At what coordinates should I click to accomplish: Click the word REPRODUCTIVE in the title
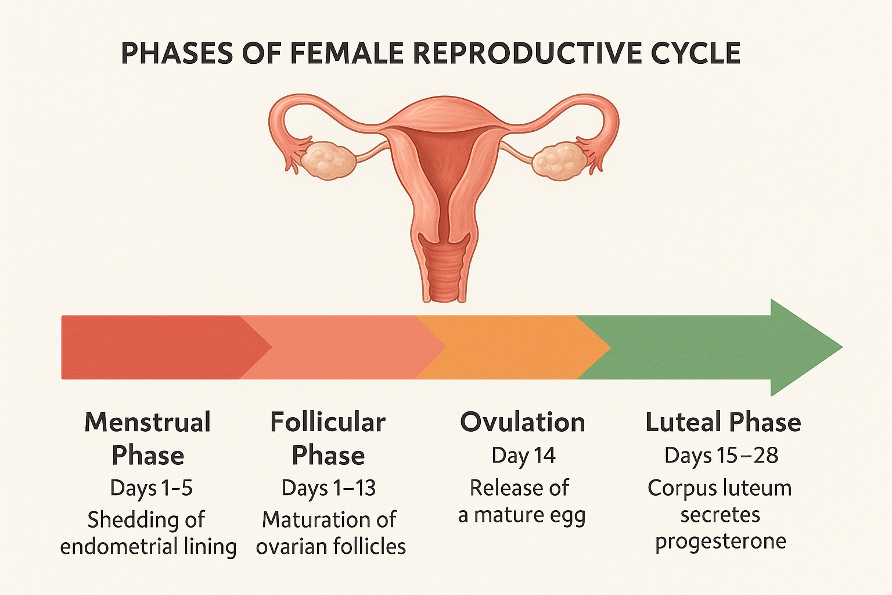pyautogui.click(x=528, y=53)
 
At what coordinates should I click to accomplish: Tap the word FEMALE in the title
pyautogui.click(x=347, y=53)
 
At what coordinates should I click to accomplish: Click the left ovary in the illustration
pyautogui.click(x=328, y=160)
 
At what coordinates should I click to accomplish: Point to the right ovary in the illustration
pyautogui.click(x=560, y=160)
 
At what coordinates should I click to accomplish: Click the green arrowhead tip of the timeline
pyautogui.click(x=842, y=347)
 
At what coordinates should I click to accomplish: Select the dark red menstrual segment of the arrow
pyautogui.click(x=159, y=347)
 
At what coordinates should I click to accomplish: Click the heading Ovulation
pyautogui.click(x=523, y=422)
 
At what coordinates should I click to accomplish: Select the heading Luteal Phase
pyautogui.click(x=723, y=422)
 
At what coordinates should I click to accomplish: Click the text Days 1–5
pyautogui.click(x=152, y=488)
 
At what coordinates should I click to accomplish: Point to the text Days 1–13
pyautogui.click(x=329, y=488)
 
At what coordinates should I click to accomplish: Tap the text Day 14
pyautogui.click(x=523, y=456)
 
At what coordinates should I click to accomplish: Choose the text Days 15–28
pyautogui.click(x=721, y=456)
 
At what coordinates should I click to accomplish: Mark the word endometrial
pyautogui.click(x=118, y=546)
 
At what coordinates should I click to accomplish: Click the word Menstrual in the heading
pyautogui.click(x=148, y=422)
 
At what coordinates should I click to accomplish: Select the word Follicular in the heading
pyautogui.click(x=328, y=422)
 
